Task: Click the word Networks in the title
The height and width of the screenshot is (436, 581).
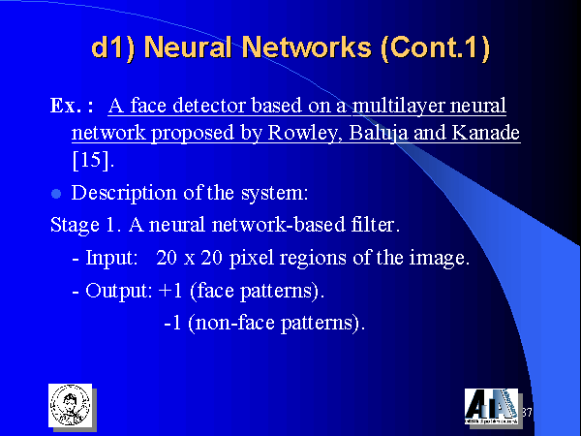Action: coord(307,47)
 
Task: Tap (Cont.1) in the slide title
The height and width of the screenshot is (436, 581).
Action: coord(435,47)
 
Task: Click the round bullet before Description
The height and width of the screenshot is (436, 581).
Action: coord(56,194)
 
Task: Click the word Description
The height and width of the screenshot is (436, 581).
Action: coord(124,193)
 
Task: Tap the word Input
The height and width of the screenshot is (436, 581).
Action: coord(111,258)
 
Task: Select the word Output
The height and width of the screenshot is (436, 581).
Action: coord(118,291)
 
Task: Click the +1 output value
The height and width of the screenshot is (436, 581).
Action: coord(170,290)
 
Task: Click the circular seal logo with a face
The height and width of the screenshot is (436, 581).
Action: coord(70,405)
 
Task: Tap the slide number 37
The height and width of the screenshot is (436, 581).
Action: coord(527,413)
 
